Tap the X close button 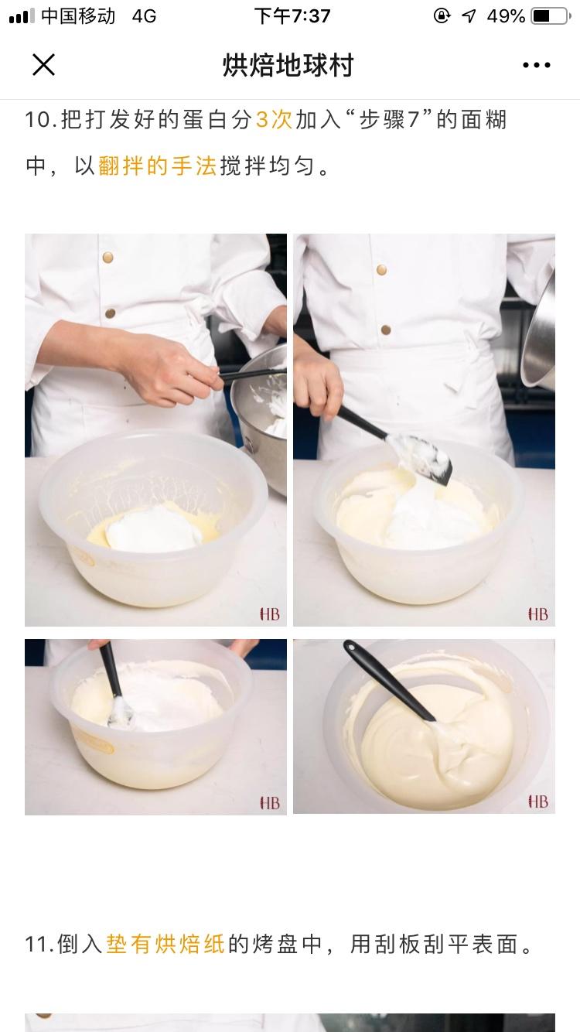pyautogui.click(x=44, y=64)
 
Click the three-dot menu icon pyautogui.click(x=536, y=65)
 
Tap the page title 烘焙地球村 pyautogui.click(x=288, y=65)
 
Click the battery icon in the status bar pyautogui.click(x=551, y=16)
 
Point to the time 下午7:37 pyautogui.click(x=292, y=16)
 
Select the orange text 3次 pyautogui.click(x=274, y=120)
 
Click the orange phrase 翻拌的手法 pyautogui.click(x=157, y=166)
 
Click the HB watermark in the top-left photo pyautogui.click(x=269, y=614)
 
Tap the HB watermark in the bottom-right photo pyautogui.click(x=538, y=801)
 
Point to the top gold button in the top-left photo pyautogui.click(x=107, y=258)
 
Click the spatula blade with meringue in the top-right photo pyautogui.click(x=421, y=458)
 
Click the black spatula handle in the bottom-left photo pyautogui.click(x=111, y=669)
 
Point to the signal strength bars pyautogui.click(x=22, y=16)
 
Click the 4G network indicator pyautogui.click(x=144, y=16)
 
